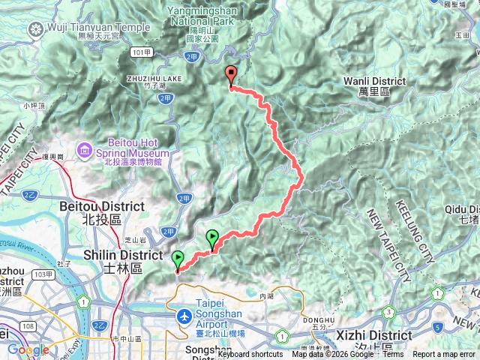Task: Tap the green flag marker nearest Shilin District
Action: coord(178,261)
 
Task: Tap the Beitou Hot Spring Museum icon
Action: coord(83,151)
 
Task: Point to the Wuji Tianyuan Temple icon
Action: coord(34,30)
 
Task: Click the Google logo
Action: coord(28,349)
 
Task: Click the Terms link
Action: coord(392,355)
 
